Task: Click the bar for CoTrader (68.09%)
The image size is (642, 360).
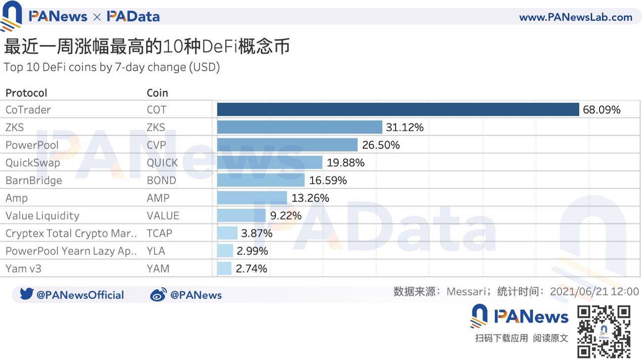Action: click(x=398, y=110)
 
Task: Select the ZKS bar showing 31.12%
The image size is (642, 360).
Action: click(x=300, y=127)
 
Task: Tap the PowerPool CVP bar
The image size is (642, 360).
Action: click(x=287, y=145)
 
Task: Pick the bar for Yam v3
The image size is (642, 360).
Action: click(x=224, y=269)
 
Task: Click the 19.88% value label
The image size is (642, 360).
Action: click(x=346, y=163)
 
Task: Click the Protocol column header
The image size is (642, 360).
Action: click(x=26, y=93)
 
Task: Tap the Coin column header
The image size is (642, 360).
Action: click(x=157, y=93)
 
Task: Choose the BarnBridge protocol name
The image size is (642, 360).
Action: click(x=34, y=181)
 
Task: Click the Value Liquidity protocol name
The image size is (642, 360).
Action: click(x=42, y=216)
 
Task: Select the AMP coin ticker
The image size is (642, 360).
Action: click(x=158, y=198)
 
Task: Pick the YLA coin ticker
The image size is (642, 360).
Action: click(x=156, y=251)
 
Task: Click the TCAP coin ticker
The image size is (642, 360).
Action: click(x=160, y=234)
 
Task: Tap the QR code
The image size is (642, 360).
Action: click(x=604, y=332)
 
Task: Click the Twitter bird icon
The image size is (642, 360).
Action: click(x=27, y=294)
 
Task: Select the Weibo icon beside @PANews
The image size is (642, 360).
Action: click(x=158, y=295)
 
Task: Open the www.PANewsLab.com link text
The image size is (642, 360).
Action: click(x=575, y=17)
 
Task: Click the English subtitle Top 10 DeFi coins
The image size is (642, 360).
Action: click(x=112, y=67)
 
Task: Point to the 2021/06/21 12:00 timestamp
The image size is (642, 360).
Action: click(x=594, y=291)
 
